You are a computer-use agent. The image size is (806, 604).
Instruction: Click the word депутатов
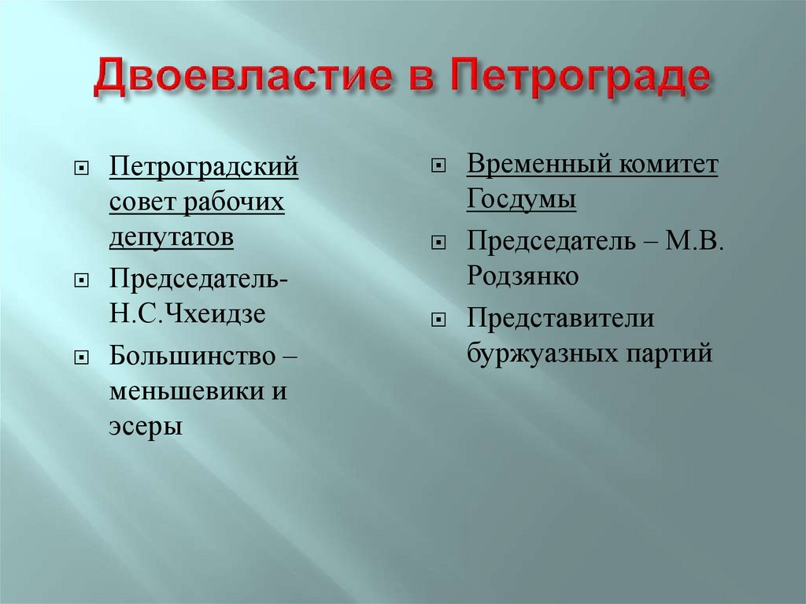click(172, 238)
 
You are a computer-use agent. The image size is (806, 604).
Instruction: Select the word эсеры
click(146, 426)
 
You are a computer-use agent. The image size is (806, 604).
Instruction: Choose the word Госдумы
click(521, 201)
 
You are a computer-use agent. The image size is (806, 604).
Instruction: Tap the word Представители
click(560, 319)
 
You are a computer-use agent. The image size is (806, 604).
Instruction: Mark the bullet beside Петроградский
click(81, 170)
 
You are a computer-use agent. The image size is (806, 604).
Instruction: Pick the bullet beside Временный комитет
click(438, 168)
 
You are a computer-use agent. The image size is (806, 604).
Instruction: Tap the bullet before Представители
click(438, 321)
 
